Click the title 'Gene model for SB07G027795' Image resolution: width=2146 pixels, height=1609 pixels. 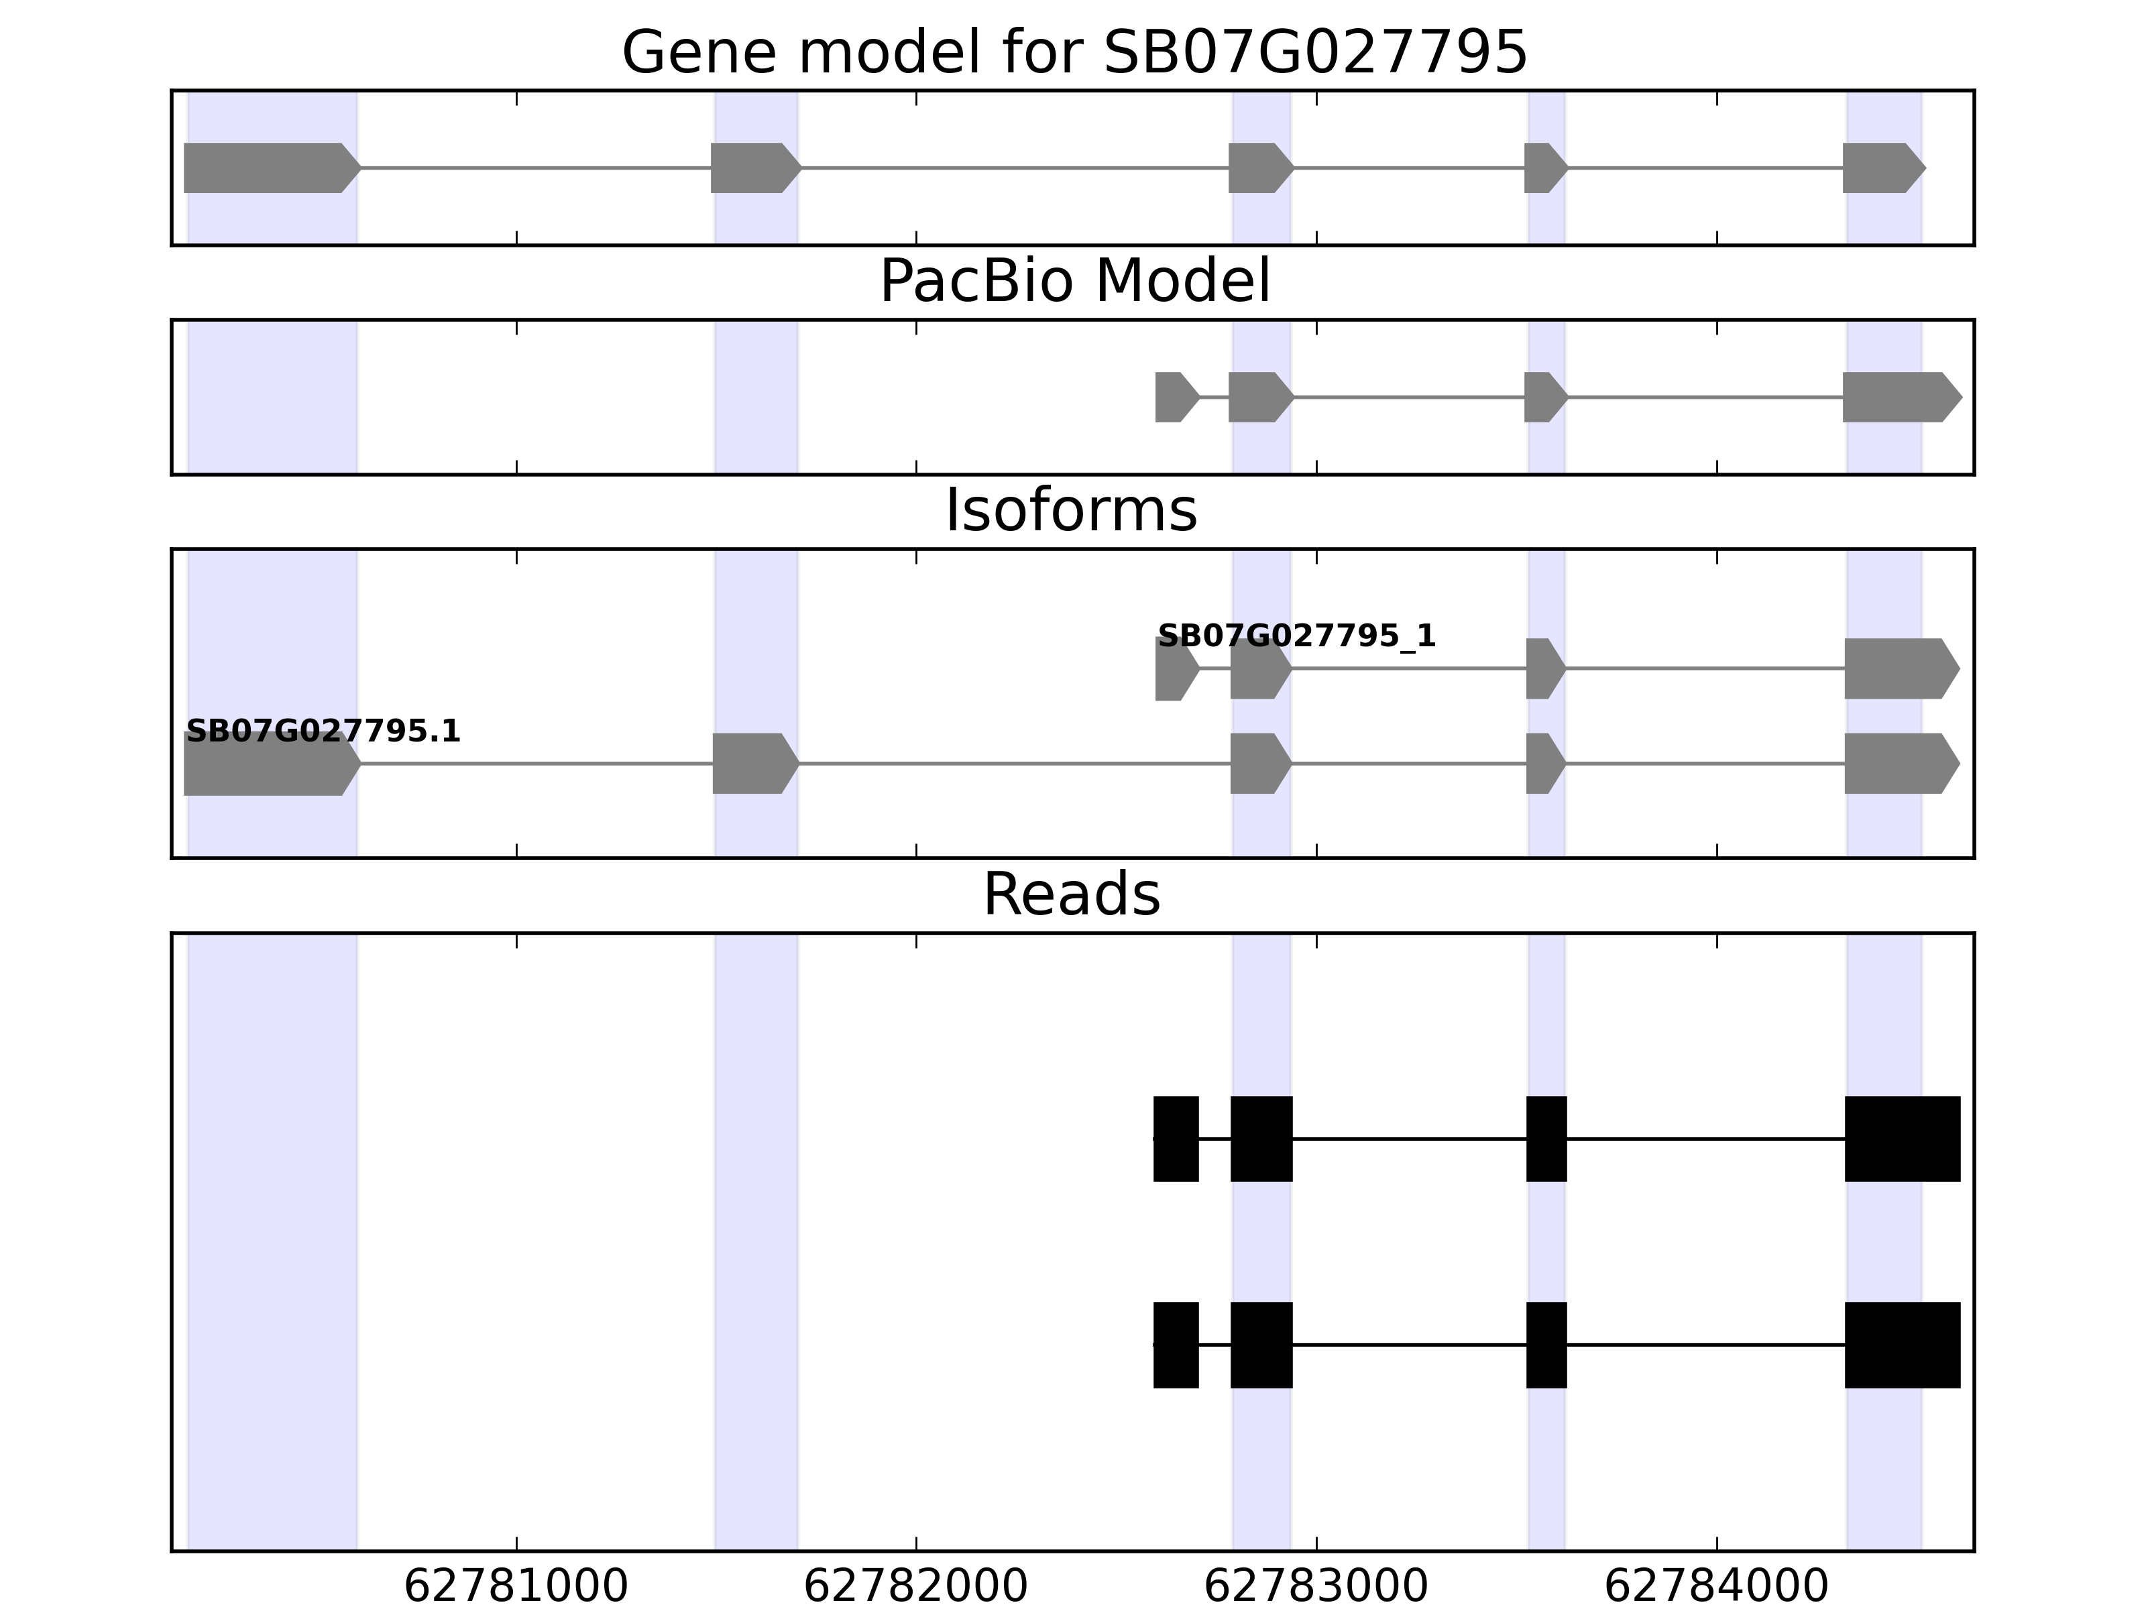tap(1074, 52)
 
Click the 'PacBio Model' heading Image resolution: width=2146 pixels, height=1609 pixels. tap(1074, 282)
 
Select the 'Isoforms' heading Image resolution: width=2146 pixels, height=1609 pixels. tap(1071, 510)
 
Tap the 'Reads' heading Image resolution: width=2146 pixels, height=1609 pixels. tap(1071, 894)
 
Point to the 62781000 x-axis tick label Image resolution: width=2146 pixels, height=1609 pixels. tap(516, 1587)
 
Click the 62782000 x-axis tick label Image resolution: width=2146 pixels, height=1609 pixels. tap(916, 1587)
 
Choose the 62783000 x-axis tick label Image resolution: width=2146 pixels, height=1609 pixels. tap(1316, 1587)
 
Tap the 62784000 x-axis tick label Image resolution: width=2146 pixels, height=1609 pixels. tap(1716, 1587)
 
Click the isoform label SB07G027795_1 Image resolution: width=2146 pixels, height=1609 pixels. tap(1296, 636)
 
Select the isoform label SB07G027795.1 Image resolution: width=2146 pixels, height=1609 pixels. tap(323, 731)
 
